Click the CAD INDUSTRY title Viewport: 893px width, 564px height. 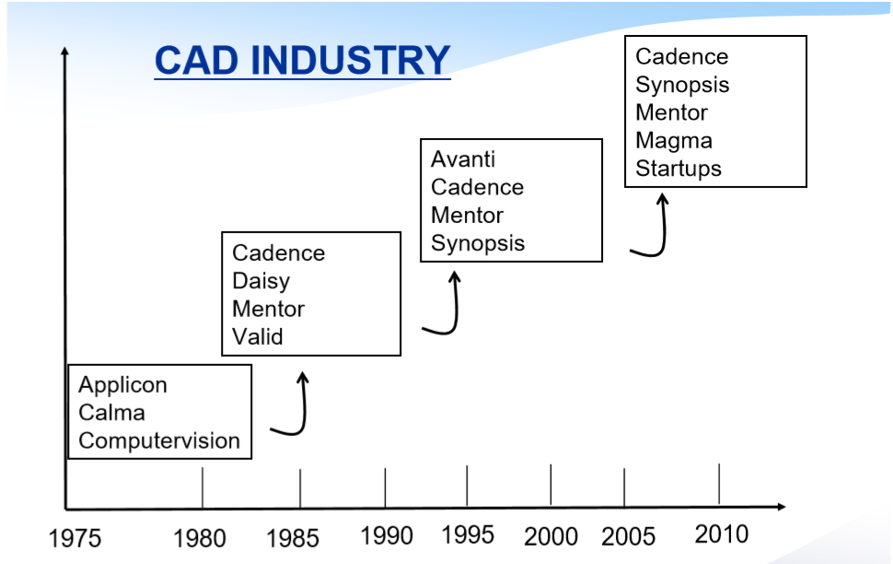point(302,60)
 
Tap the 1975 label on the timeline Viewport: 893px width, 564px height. point(75,538)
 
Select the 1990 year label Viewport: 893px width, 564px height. point(387,535)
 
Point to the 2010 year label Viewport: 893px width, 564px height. point(722,535)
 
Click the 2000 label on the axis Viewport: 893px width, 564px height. point(551,536)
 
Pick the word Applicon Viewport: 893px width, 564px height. point(123,385)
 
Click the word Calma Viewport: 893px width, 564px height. point(111,412)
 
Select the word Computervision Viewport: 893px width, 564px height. point(159,441)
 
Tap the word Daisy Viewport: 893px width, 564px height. point(261,281)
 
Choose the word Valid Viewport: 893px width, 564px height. point(258,336)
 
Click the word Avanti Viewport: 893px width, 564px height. point(463,159)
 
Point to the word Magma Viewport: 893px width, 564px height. point(674,141)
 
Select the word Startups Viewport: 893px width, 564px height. point(678,169)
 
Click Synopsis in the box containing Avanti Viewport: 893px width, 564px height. point(478,243)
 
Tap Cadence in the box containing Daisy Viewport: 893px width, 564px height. point(279,253)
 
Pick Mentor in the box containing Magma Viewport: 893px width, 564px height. point(671,112)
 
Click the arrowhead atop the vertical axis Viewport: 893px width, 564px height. point(65,52)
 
